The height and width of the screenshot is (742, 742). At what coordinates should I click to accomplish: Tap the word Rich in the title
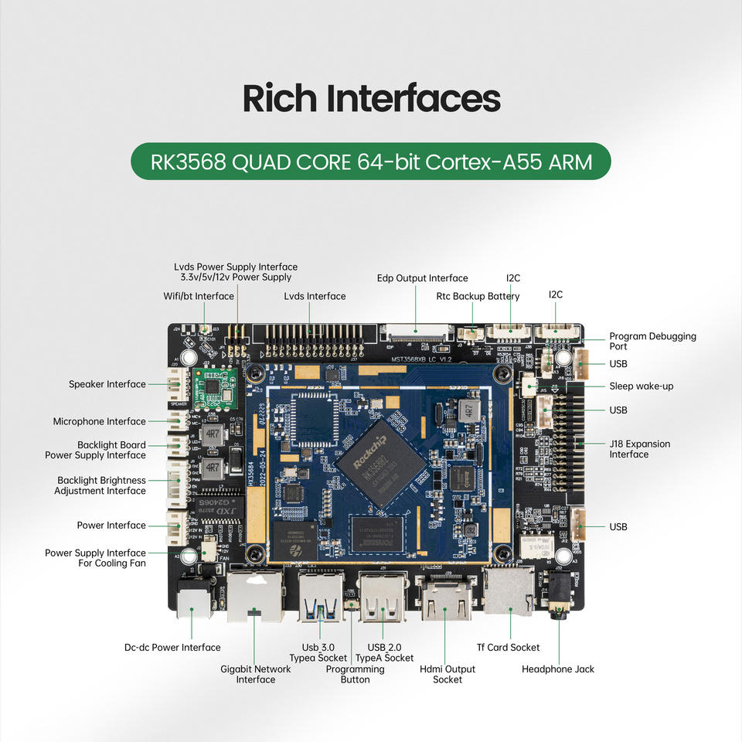279,99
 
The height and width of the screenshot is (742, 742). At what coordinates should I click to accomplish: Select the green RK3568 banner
370,162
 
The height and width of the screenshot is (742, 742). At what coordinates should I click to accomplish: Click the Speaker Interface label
107,384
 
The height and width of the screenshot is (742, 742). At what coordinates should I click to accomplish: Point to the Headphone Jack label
557,669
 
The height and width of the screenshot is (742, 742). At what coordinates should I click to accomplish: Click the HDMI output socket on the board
446,600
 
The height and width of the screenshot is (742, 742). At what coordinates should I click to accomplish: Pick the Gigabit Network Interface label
255,674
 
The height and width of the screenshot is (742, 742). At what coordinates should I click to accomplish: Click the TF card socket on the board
508,591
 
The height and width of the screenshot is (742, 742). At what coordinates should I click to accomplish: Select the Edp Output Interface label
422,278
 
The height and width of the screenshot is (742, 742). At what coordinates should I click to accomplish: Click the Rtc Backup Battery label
478,296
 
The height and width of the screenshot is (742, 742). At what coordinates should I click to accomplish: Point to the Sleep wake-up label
641,386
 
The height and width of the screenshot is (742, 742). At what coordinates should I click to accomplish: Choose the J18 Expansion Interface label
639,449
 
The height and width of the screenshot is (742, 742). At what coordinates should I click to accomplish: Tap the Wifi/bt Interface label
199,296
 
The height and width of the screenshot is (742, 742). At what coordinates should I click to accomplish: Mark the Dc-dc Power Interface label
172,648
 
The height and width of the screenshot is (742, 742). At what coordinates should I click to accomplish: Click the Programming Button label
355,674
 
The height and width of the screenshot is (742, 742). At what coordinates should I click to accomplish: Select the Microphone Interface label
99,421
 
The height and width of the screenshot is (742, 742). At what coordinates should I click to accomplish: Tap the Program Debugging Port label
652,341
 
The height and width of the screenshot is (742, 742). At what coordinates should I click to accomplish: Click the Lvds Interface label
315,296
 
